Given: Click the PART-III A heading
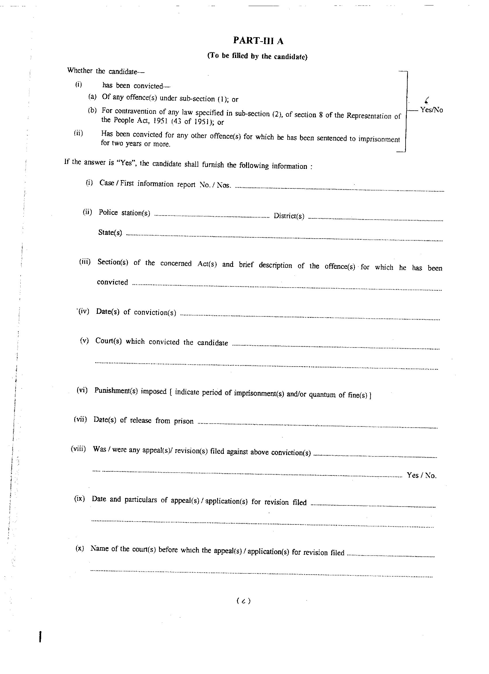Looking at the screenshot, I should tap(258, 41).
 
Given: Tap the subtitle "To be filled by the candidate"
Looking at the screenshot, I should tap(257, 56).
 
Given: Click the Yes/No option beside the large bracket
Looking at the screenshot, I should tap(431, 110).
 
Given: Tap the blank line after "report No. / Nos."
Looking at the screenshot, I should tap(338, 189).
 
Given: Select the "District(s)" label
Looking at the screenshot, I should tap(289, 216).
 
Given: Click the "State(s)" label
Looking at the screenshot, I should tap(110, 232).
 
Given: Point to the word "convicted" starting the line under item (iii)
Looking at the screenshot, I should tap(112, 282).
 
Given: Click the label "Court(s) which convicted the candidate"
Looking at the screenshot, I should tap(161, 342).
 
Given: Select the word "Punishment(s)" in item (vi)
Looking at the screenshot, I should tap(116, 391).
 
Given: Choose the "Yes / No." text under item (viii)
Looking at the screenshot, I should tap(421, 475).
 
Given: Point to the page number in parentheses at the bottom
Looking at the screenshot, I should tap(243, 601).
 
